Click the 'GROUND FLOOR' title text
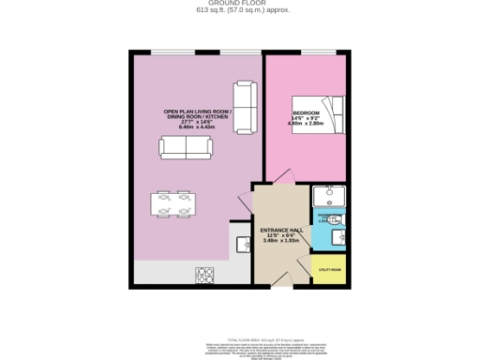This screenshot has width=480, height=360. [239, 4]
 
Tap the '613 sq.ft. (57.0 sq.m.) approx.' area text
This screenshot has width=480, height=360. [239, 10]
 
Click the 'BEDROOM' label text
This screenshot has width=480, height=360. [306, 113]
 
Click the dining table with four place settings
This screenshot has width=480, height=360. [173, 203]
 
